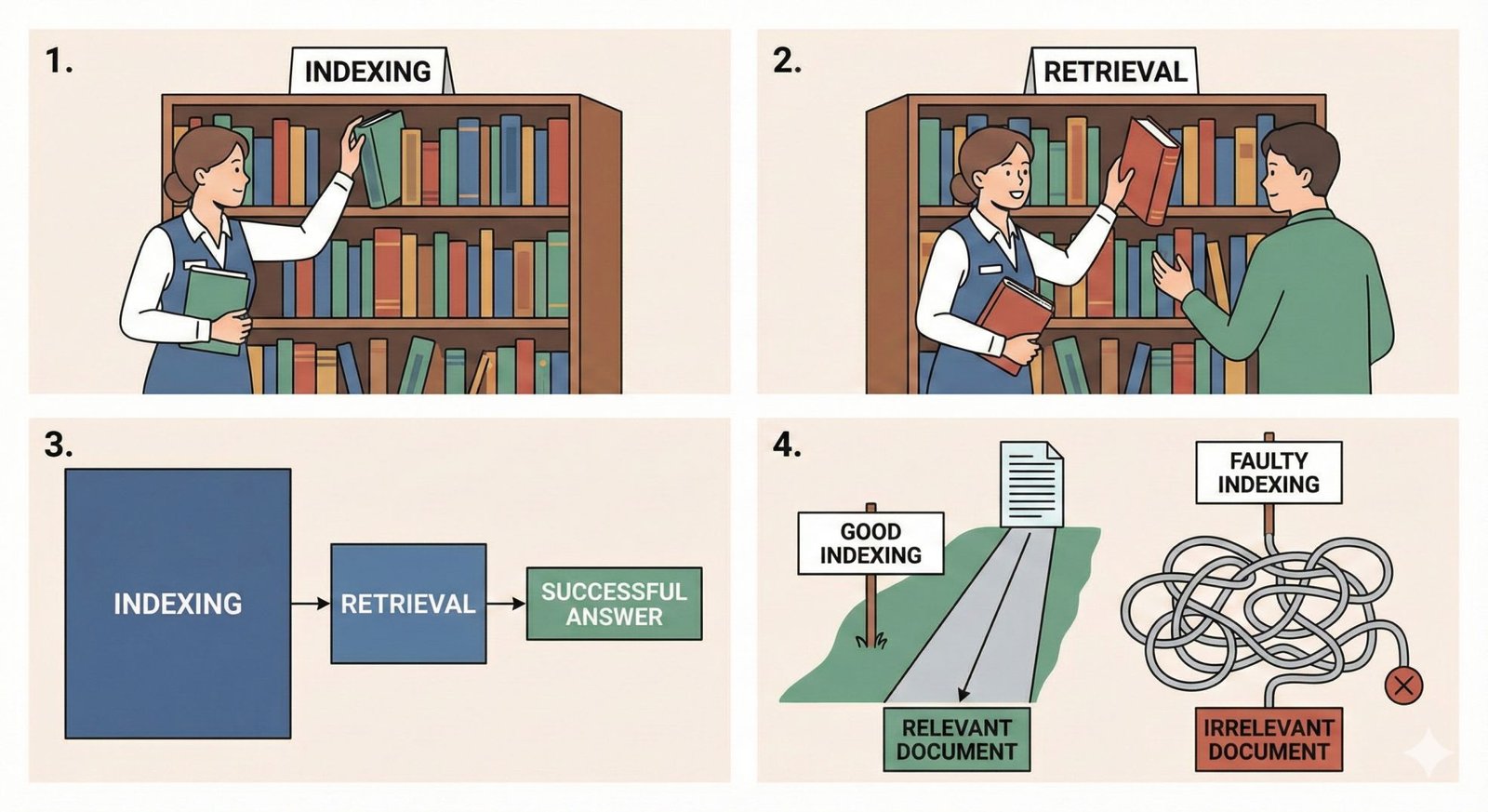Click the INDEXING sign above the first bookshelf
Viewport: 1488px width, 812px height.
tap(368, 72)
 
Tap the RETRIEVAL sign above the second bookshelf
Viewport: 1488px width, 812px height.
tap(1114, 72)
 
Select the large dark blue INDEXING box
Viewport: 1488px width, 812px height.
tap(178, 604)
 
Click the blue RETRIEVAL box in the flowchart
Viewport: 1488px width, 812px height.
tap(408, 604)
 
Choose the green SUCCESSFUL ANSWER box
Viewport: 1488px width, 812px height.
tap(614, 604)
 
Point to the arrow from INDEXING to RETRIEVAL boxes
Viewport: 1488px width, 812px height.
tap(311, 604)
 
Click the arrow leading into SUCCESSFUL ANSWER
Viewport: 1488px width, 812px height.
tap(506, 604)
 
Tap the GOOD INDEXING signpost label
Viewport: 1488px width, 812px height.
tap(870, 543)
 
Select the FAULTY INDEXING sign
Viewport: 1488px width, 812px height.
tap(1269, 473)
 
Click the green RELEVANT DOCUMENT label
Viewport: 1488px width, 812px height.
tap(957, 739)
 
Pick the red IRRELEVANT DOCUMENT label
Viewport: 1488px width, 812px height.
tap(1269, 739)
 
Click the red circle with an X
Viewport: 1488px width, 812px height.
tap(1403, 686)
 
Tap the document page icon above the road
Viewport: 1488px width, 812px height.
tap(1031, 484)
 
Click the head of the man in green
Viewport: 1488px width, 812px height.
tap(1299, 167)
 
